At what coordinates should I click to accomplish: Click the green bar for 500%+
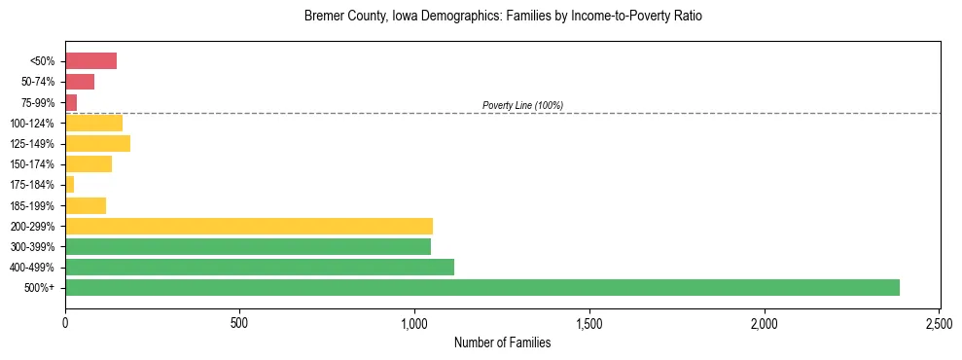481,287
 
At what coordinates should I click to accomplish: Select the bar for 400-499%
260,267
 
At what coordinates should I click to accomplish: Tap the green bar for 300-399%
248,246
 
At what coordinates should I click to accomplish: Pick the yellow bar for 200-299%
249,226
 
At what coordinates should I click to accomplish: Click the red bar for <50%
90,61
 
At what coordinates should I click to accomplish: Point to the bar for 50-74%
80,82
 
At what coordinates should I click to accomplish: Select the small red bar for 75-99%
71,102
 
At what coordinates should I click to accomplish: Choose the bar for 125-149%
97,144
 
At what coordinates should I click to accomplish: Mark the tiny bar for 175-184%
70,185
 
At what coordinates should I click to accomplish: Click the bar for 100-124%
93,123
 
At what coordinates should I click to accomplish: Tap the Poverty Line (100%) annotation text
522,105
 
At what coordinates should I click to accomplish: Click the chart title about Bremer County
502,17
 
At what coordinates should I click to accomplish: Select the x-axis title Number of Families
502,342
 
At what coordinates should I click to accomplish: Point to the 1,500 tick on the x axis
589,322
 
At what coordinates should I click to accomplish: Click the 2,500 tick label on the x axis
939,322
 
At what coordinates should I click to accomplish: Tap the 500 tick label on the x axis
240,322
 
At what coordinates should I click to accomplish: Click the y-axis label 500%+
42,288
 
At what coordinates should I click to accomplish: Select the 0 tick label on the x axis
65,322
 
